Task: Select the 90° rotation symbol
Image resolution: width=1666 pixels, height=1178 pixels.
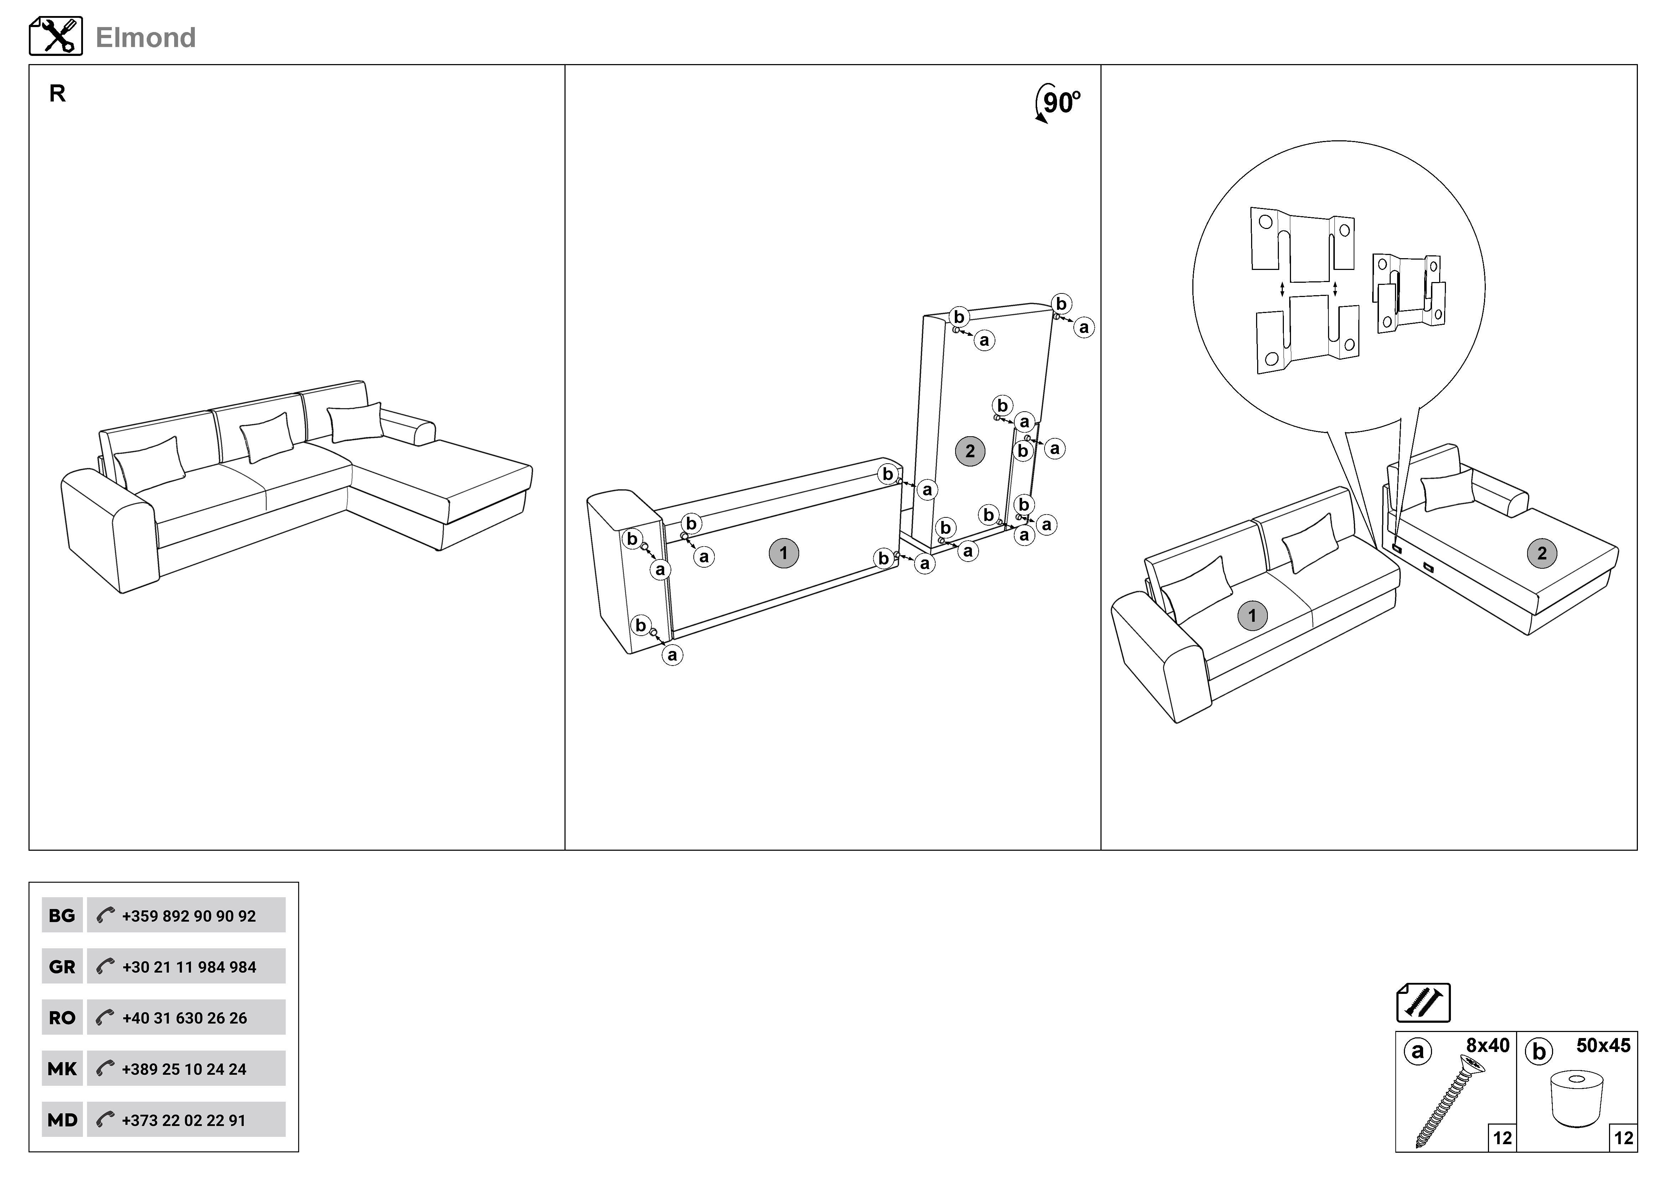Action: point(1058,104)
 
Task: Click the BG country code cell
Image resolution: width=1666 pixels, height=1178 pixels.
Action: point(62,916)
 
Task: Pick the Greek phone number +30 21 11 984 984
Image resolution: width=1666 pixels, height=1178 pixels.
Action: point(189,967)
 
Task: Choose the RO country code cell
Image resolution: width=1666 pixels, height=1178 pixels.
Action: point(62,1018)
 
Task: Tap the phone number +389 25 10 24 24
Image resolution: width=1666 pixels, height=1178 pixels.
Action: point(184,1069)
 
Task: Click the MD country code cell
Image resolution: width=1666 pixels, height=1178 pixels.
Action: point(62,1120)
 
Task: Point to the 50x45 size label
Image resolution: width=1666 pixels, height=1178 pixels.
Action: point(1603,1045)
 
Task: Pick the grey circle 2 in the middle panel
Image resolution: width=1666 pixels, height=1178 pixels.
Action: point(970,451)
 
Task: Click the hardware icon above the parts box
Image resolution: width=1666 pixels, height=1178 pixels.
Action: point(1423,1002)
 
